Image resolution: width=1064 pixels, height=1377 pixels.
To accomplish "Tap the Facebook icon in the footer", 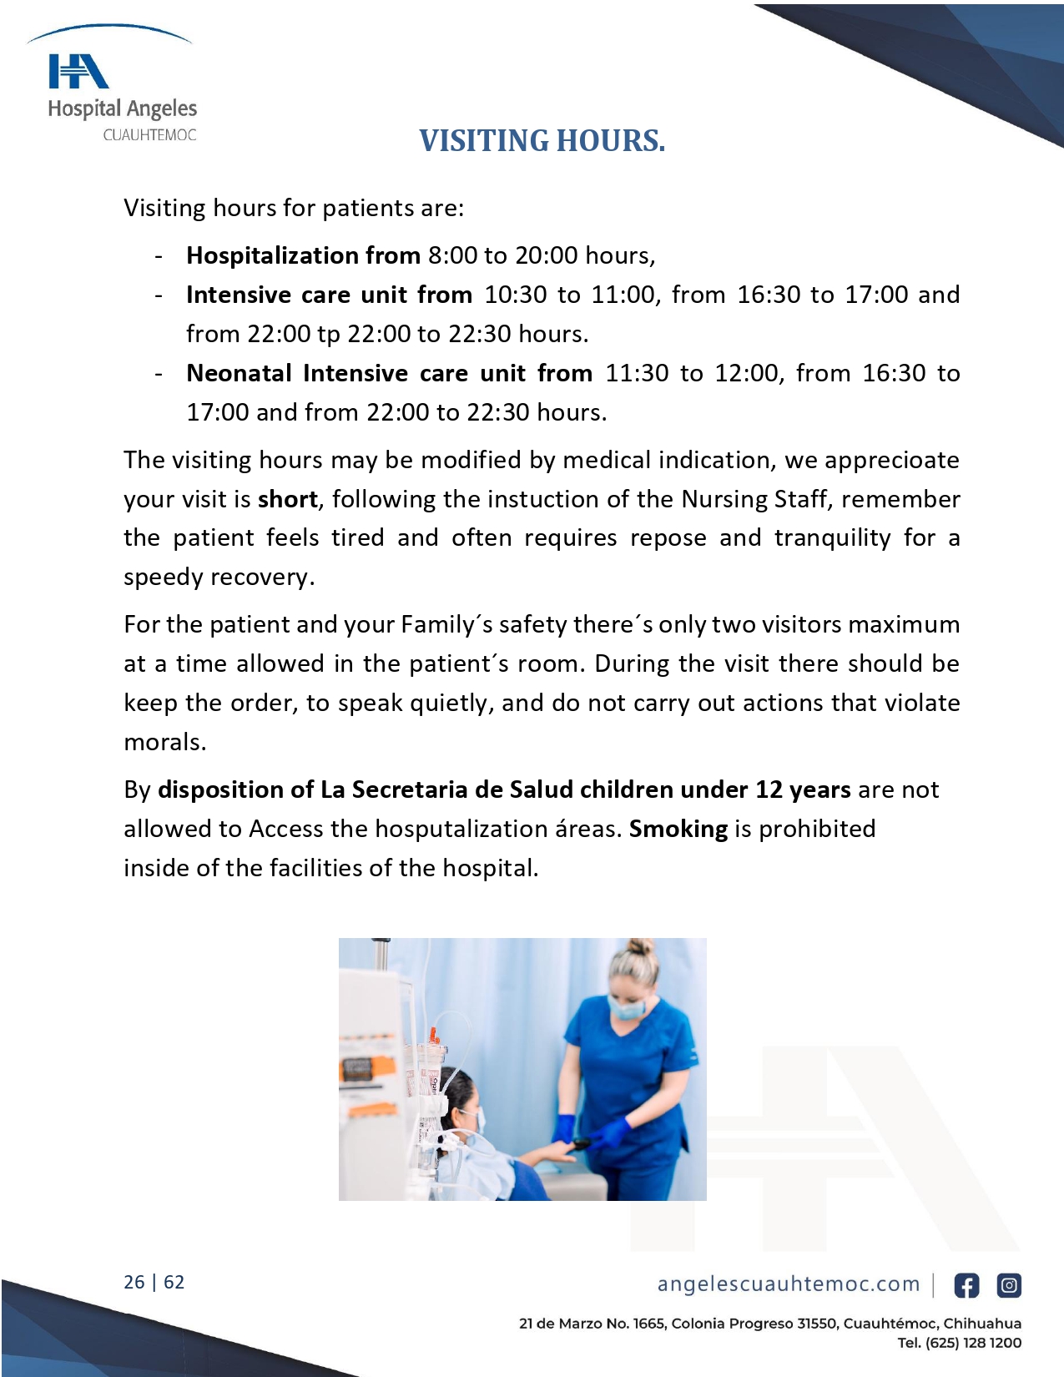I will point(966,1285).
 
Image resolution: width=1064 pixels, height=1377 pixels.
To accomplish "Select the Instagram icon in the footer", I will point(1009,1285).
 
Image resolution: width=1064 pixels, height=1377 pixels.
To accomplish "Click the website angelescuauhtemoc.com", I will point(788,1284).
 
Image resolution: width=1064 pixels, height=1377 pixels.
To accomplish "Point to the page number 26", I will point(134,1282).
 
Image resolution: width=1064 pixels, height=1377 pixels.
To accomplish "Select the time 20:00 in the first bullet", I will point(547,255).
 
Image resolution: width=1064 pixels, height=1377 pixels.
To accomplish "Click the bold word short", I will point(287,499).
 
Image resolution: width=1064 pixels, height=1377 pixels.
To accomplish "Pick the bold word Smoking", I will point(678,829).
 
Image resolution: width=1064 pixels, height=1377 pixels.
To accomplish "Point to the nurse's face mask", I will point(628,1006).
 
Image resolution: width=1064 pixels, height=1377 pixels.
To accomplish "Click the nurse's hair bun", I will point(640,947).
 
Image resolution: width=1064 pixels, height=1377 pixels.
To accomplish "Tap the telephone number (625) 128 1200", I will point(973,1343).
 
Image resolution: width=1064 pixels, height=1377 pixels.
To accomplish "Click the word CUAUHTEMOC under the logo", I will point(149,135).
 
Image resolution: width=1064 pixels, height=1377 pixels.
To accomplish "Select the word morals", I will point(164,742).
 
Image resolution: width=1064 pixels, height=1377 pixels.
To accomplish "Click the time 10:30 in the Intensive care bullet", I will point(516,295).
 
